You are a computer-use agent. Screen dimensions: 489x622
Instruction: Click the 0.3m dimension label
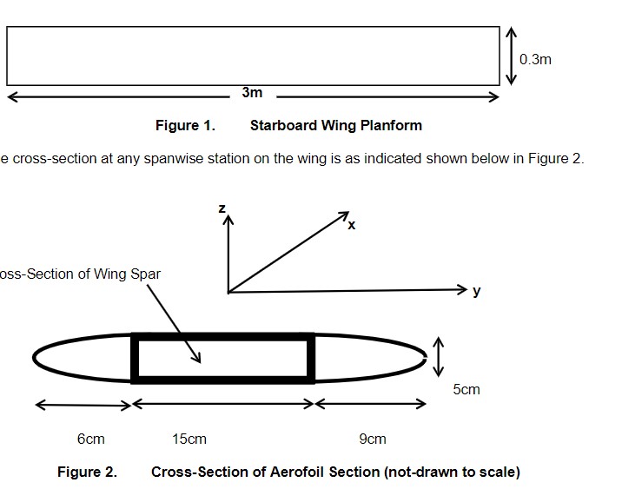(x=535, y=60)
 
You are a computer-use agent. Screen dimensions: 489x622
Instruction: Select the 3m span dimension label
(x=252, y=92)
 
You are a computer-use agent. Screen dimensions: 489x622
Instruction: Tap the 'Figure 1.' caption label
(x=185, y=125)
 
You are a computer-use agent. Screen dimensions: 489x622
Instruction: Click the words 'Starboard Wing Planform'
(x=335, y=125)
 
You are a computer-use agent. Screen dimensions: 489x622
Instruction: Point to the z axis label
(x=222, y=208)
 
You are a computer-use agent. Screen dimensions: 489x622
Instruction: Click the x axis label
(x=351, y=225)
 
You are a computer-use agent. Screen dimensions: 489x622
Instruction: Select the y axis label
(x=476, y=291)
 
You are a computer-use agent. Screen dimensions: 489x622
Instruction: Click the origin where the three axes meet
(x=228, y=292)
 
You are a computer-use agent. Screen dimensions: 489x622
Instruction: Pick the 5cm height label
(x=466, y=389)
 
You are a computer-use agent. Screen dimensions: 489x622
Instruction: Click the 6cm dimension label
(x=90, y=439)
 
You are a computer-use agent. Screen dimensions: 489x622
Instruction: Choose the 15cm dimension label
(x=189, y=439)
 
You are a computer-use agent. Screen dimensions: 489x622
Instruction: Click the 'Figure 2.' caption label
(x=87, y=472)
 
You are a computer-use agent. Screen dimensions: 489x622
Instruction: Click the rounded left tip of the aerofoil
(x=36, y=357)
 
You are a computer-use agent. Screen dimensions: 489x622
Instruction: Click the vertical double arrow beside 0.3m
(x=512, y=56)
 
